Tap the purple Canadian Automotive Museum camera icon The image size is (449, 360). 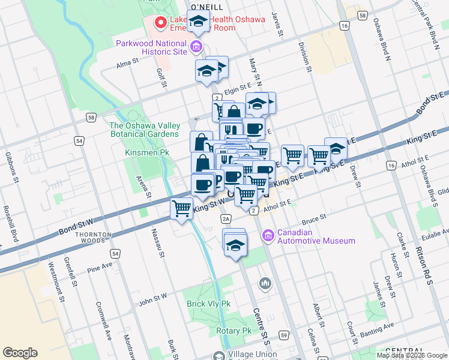click(268, 236)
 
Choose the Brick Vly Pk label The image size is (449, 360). click(208, 304)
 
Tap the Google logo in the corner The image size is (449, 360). click(20, 353)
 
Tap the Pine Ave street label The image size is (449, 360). click(99, 266)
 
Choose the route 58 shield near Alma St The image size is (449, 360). click(90, 117)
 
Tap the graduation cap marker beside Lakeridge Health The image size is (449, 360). click(198, 22)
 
